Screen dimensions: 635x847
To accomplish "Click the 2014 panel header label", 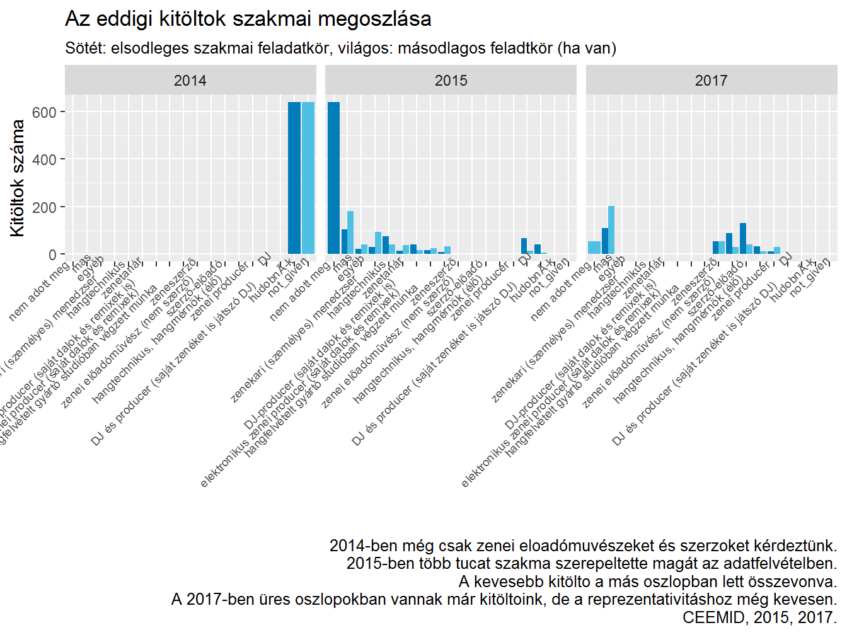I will (x=190, y=81).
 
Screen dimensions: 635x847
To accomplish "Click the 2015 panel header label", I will (x=451, y=81).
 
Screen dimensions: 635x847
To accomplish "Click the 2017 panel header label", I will (x=711, y=81).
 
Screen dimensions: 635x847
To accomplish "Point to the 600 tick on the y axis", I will (x=44, y=112).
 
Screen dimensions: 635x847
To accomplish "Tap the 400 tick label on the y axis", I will (x=44, y=160).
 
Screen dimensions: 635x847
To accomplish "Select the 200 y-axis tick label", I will (x=44, y=207).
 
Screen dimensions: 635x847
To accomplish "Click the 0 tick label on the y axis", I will (x=52, y=255).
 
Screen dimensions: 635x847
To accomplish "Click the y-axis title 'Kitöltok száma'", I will (x=18, y=178).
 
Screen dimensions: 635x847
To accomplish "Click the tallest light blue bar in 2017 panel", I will (x=611, y=230).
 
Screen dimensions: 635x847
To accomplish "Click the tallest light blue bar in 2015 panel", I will (x=350, y=232).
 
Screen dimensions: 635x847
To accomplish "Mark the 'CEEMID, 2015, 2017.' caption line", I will (x=759, y=617).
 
